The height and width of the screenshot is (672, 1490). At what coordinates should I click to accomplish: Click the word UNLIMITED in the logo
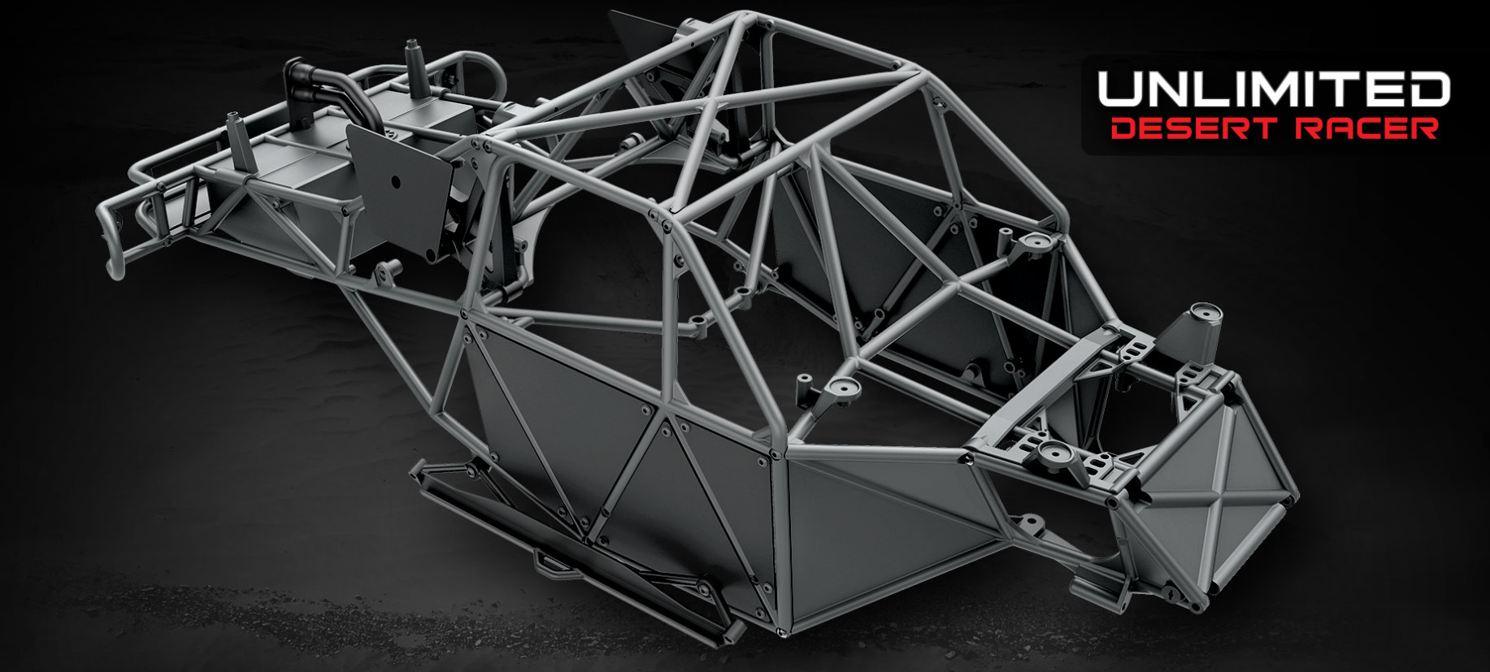[1273, 89]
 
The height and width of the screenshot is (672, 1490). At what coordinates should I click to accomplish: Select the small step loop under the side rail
[553, 561]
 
